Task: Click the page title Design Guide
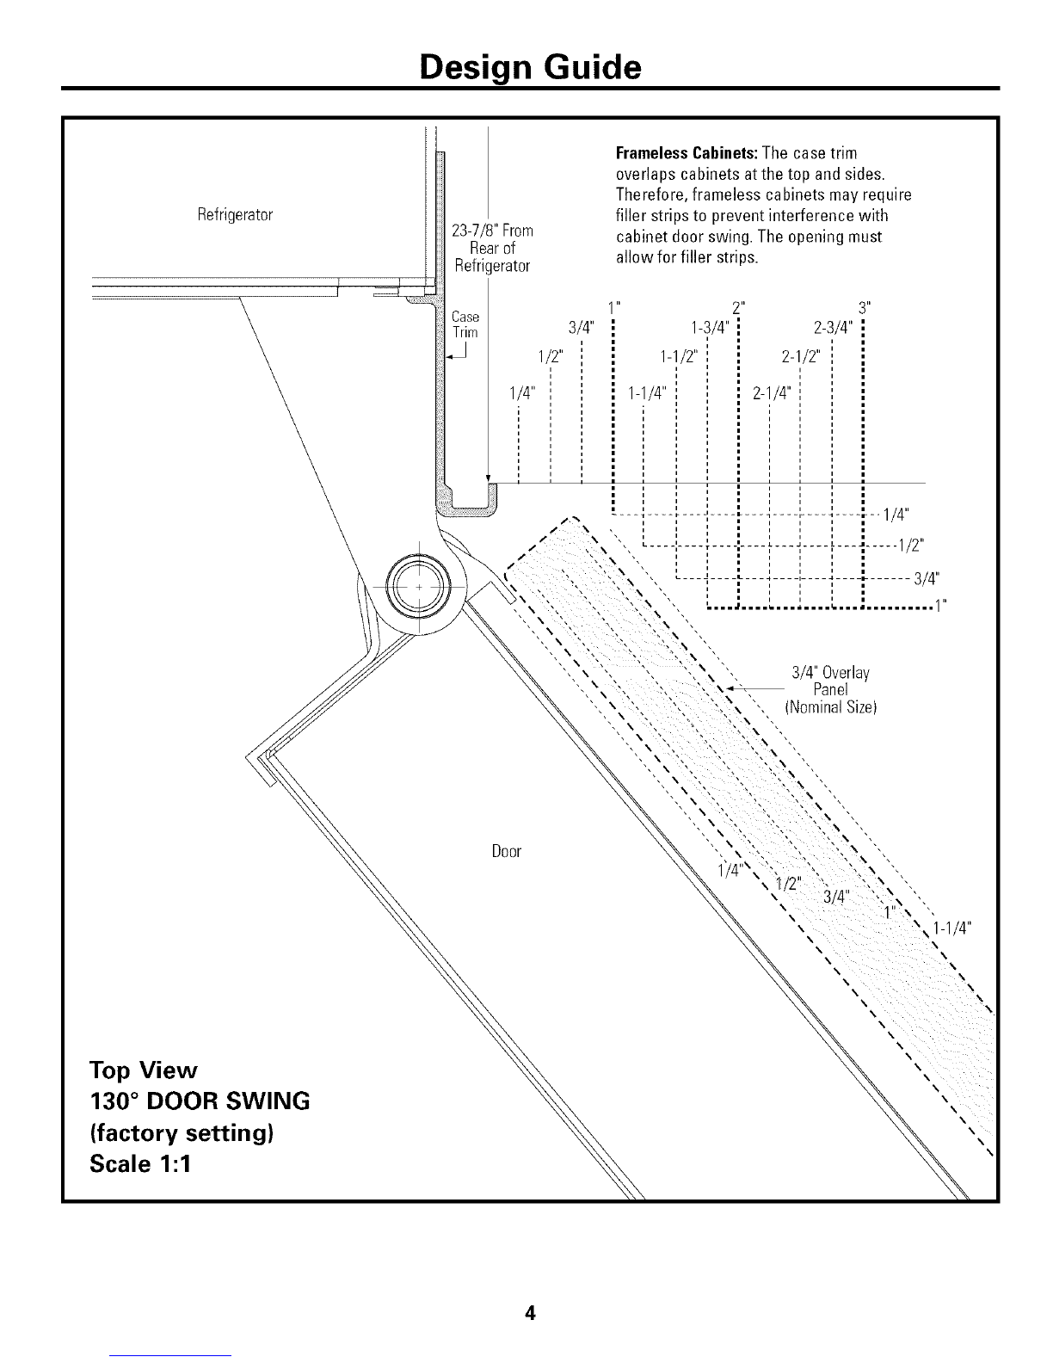(530, 66)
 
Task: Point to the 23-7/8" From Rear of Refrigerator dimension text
(492, 248)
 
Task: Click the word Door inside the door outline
(507, 852)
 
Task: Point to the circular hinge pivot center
(418, 584)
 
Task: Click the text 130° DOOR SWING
(199, 1101)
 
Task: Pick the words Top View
(144, 1070)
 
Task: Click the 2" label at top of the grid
(736, 307)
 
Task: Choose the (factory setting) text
(182, 1132)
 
